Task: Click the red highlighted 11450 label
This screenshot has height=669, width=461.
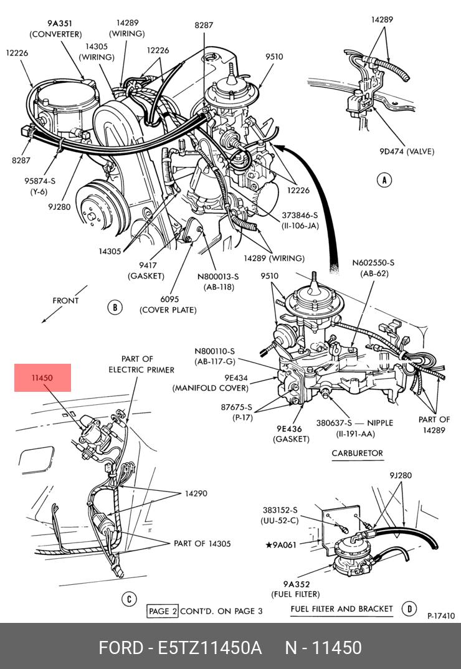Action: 42,377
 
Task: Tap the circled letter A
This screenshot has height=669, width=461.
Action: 384,181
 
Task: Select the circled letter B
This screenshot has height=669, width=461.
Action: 114,306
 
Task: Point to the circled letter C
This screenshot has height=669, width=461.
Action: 128,599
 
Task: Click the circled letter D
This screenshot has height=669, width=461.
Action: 409,609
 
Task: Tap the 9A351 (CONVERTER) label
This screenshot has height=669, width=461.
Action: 55,29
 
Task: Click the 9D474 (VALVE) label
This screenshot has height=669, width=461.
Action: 407,151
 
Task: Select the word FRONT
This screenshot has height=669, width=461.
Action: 65,300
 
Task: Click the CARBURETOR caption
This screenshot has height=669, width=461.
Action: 358,453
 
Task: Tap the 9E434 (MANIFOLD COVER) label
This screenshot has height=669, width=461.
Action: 210,382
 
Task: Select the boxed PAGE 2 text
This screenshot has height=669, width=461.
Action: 163,611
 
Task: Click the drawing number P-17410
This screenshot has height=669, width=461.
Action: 441,616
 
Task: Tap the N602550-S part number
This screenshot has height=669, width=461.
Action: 373,263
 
